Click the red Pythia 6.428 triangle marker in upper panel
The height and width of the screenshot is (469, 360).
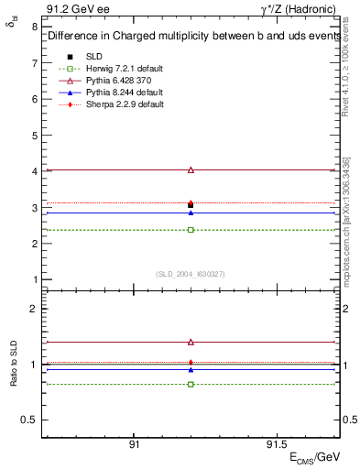pos(191,169)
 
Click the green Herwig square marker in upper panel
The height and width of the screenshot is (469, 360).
pos(191,229)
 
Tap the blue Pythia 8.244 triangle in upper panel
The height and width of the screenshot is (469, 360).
pos(191,213)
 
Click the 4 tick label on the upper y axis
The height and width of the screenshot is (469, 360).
pos(35,171)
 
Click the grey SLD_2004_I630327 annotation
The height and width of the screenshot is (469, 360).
pos(191,273)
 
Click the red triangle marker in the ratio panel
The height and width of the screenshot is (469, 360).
pos(191,342)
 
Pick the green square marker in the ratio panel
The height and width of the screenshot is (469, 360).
pos(191,384)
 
